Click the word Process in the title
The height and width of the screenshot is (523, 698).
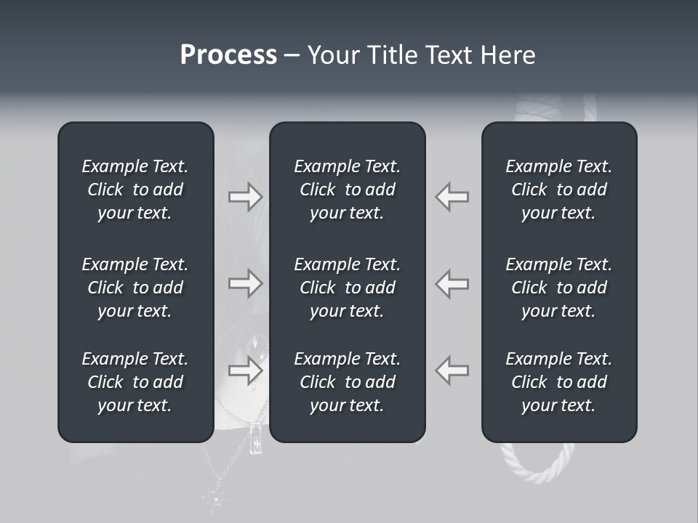pyautogui.click(x=228, y=54)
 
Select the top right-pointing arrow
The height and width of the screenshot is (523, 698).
pyautogui.click(x=246, y=197)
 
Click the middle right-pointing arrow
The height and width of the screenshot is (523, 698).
pyautogui.click(x=246, y=283)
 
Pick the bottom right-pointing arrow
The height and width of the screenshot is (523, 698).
pyautogui.click(x=246, y=370)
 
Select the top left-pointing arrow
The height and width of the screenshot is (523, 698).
pyautogui.click(x=452, y=197)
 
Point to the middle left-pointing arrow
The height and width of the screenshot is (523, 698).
pyautogui.click(x=452, y=283)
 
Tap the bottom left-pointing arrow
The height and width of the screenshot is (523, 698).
pyautogui.click(x=452, y=370)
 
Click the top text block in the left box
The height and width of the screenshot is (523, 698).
pyautogui.click(x=135, y=190)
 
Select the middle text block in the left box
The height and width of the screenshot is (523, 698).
pyautogui.click(x=135, y=288)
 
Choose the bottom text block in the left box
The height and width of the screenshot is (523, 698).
pyautogui.click(x=135, y=382)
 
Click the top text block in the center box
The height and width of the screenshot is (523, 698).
pyautogui.click(x=347, y=190)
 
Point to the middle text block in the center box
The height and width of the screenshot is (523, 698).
pyautogui.click(x=347, y=288)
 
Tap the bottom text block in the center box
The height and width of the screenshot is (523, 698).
pyautogui.click(x=347, y=382)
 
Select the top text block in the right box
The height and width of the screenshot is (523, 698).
pyautogui.click(x=558, y=190)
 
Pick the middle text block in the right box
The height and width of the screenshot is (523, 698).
pyautogui.click(x=558, y=288)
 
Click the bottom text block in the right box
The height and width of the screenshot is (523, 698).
pyautogui.click(x=558, y=382)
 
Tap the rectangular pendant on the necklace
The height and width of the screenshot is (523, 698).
pyautogui.click(x=256, y=439)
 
